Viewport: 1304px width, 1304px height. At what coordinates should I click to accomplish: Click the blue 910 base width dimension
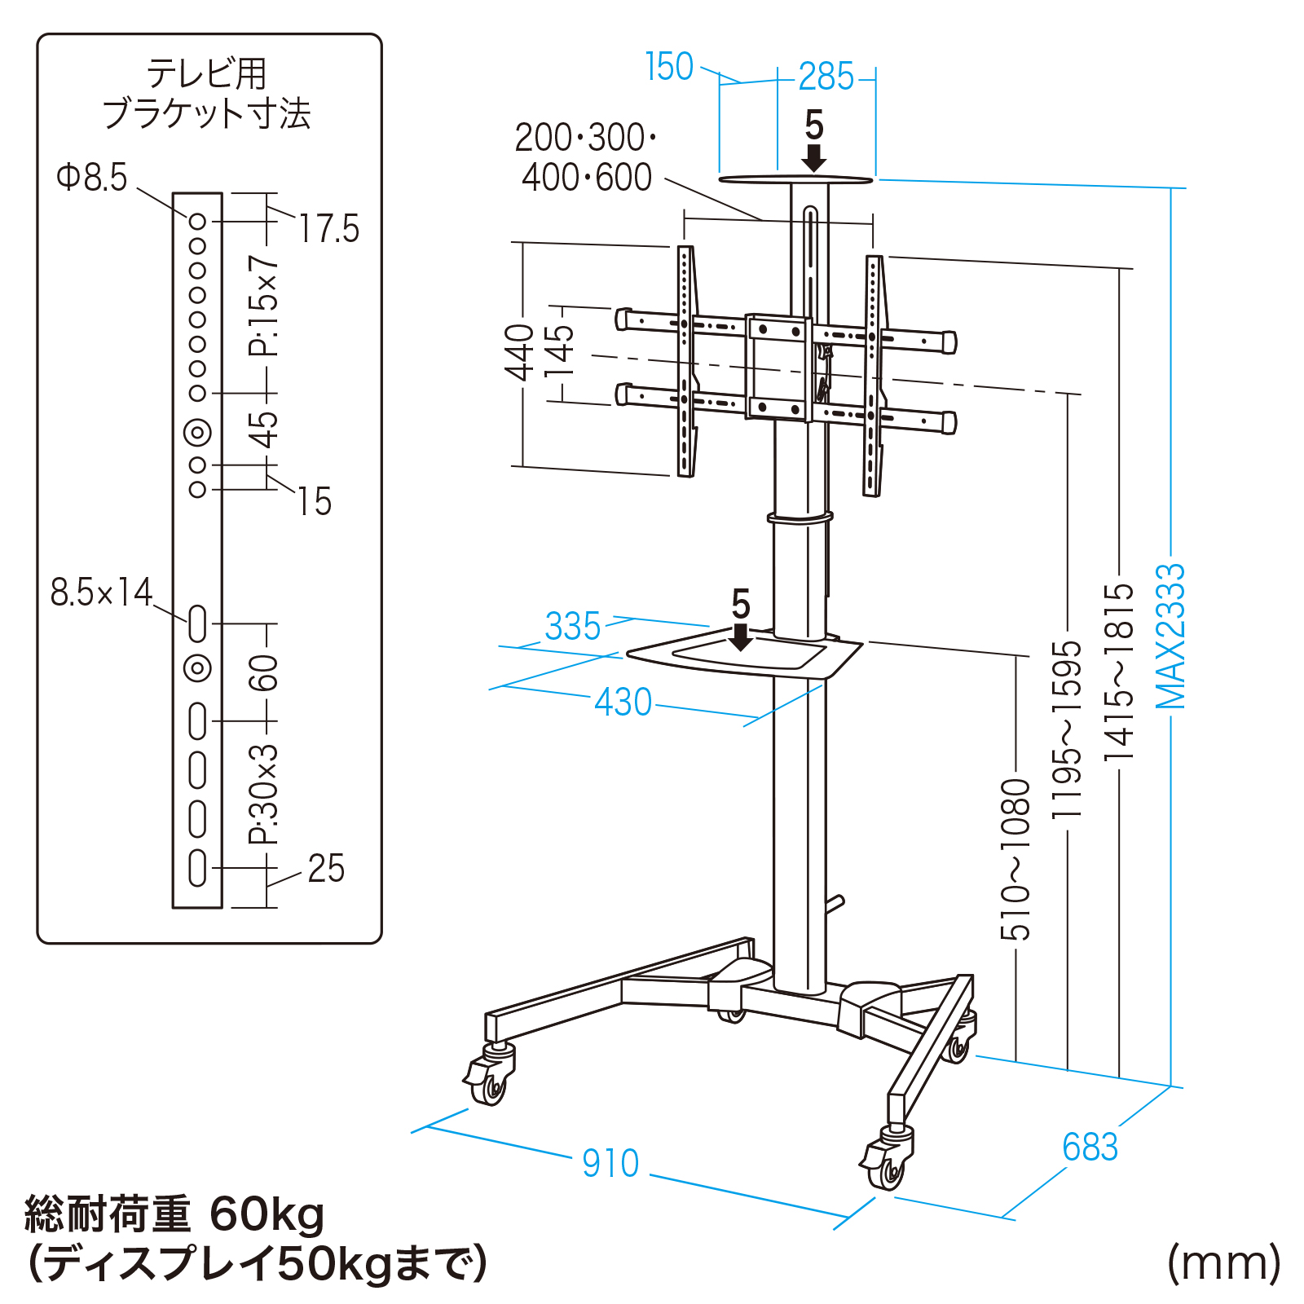pyautogui.click(x=610, y=1163)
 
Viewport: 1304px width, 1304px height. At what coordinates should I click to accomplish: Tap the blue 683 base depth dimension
pyautogui.click(x=1090, y=1148)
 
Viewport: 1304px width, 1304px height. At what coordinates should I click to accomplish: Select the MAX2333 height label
pyautogui.click(x=1171, y=636)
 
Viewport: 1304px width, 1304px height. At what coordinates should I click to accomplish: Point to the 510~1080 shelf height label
pyautogui.click(x=1016, y=859)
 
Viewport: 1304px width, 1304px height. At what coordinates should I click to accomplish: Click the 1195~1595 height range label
pyautogui.click(x=1067, y=729)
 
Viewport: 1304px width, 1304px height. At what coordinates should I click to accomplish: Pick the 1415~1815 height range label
pyautogui.click(x=1120, y=672)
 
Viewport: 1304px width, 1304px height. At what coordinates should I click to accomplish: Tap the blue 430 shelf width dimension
pyautogui.click(x=623, y=702)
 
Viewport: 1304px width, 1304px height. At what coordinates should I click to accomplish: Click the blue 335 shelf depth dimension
pyautogui.click(x=573, y=626)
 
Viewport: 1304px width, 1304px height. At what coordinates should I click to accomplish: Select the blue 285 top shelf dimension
pyautogui.click(x=826, y=77)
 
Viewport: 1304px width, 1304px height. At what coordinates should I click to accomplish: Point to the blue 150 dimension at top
pyautogui.click(x=669, y=67)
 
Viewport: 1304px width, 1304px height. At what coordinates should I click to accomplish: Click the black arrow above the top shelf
pyautogui.click(x=814, y=157)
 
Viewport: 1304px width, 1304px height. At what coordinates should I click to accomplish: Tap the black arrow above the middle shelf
pyautogui.click(x=741, y=637)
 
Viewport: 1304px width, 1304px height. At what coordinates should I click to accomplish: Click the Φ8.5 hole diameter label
pyautogui.click(x=92, y=177)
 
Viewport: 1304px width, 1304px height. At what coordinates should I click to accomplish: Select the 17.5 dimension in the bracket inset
pyautogui.click(x=328, y=229)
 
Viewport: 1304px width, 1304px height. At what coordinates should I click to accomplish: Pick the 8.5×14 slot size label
pyautogui.click(x=102, y=593)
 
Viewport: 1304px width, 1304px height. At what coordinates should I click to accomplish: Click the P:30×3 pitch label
pyautogui.click(x=264, y=795)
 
